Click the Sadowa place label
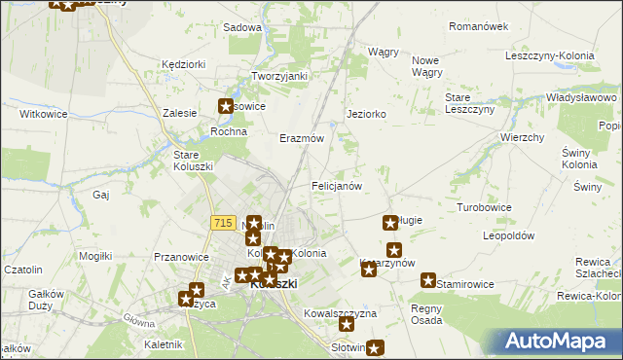(x=242, y=28)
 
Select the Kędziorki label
(x=184, y=64)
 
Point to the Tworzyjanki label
(x=279, y=76)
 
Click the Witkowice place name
(x=43, y=114)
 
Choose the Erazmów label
(x=301, y=138)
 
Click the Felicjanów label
(x=337, y=185)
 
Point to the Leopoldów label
(x=510, y=236)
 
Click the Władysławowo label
(x=582, y=98)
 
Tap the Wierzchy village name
(x=522, y=138)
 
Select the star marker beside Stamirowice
(x=428, y=280)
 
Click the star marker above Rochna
(x=226, y=107)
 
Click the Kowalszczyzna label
(x=340, y=314)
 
